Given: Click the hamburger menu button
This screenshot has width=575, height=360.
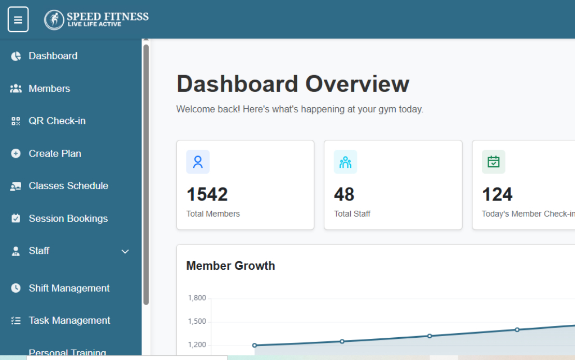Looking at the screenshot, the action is tap(18, 20).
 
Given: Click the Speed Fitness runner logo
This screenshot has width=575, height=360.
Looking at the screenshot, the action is tap(54, 20).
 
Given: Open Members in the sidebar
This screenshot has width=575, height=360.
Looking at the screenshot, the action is tap(49, 89).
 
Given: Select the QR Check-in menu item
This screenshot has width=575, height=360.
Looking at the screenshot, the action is tap(57, 121).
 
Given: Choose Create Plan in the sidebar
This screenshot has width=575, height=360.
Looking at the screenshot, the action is tap(54, 154).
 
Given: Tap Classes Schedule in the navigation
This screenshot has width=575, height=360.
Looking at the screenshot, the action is tap(68, 186).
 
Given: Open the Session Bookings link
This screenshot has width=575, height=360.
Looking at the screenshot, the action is tap(68, 219).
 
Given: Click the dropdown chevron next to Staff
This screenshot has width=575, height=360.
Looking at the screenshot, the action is tap(125, 252).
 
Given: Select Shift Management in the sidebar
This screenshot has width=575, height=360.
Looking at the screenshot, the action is tap(69, 288).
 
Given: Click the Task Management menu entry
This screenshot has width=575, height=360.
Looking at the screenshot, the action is tap(69, 321).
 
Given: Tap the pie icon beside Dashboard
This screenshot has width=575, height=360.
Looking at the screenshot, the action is tap(16, 56).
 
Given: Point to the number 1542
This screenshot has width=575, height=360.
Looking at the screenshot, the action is tap(207, 194).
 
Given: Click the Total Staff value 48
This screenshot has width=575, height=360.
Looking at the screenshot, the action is tap(344, 194).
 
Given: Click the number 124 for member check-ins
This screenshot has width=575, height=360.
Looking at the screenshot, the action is tap(497, 194).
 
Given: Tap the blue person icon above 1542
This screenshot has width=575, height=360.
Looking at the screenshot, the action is tap(198, 162).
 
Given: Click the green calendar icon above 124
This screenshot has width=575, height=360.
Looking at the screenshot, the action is tap(494, 162).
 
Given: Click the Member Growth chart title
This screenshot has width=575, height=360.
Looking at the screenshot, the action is tap(231, 266).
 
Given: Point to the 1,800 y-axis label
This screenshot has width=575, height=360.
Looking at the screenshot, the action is tap(197, 298).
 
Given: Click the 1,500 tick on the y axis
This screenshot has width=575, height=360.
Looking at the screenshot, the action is tap(197, 321).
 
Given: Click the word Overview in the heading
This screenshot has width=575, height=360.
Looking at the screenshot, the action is tap(357, 84).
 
